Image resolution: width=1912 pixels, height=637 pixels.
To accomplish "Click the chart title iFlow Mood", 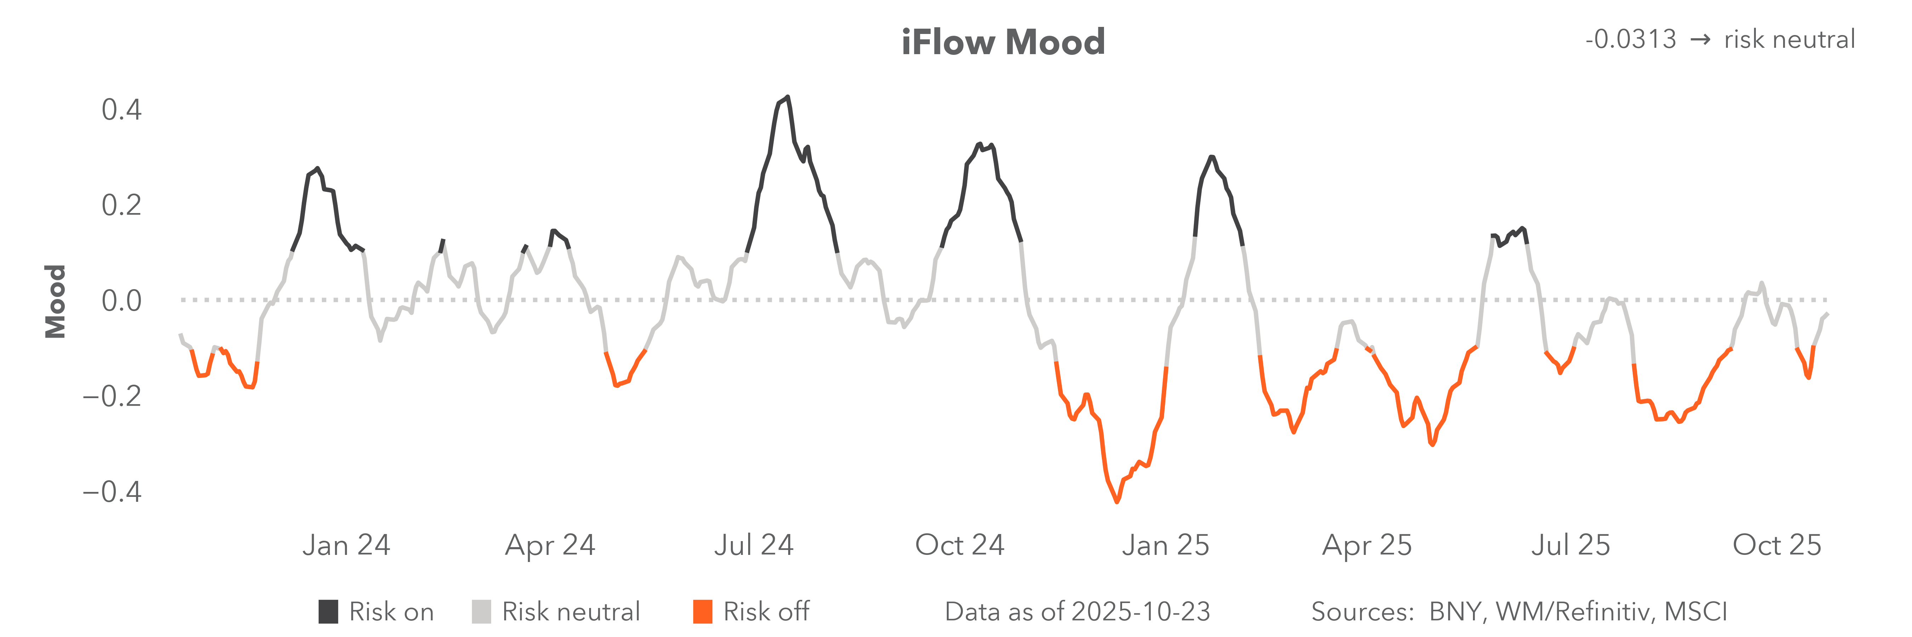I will tap(1003, 42).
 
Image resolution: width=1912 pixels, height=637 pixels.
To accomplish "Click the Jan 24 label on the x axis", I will tap(346, 545).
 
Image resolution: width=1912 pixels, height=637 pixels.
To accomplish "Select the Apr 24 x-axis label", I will tap(550, 545).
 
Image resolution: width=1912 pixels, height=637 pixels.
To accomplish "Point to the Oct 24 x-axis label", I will tap(960, 545).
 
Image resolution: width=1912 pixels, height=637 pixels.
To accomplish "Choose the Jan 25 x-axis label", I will tap(1165, 545).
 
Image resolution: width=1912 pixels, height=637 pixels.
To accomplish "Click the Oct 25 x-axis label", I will tap(1777, 545).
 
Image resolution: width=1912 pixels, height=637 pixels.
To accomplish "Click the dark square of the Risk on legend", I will tap(328, 612).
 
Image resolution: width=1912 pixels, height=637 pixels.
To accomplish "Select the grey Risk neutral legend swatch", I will tap(481, 612).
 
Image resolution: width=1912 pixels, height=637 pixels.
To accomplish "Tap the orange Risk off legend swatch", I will tap(702, 612).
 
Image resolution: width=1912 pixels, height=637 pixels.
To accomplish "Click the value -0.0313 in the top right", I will tap(1631, 39).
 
